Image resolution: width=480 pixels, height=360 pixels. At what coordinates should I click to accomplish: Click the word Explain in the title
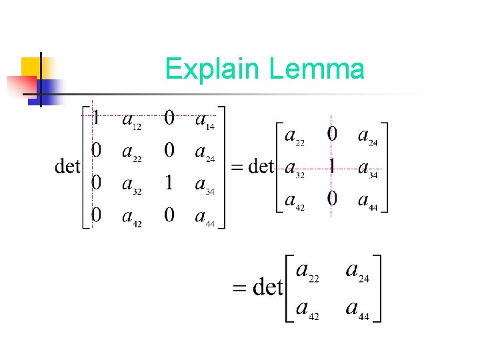213,69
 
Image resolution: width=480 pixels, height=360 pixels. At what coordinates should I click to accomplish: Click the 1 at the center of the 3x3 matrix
331,166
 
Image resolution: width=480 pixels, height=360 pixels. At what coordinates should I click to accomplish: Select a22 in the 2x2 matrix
307,272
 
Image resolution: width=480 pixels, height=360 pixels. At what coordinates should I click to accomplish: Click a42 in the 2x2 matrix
307,309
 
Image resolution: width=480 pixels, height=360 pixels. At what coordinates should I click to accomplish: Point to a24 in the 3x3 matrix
367,137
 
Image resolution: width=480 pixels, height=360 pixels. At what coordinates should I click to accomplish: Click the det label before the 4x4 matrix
67,166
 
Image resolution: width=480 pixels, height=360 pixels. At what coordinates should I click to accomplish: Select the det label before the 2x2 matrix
269,288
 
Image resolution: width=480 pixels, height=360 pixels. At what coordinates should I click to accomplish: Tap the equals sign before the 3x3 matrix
237,167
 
